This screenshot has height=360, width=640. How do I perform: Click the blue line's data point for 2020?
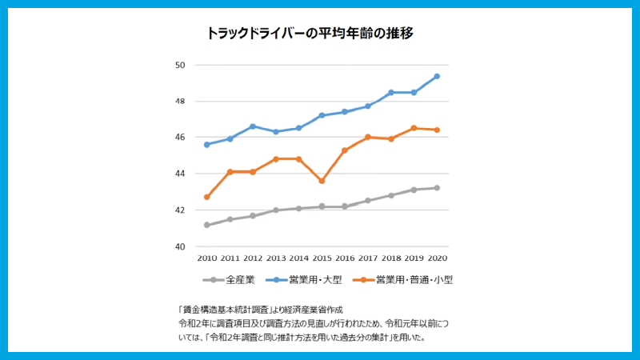tap(437, 76)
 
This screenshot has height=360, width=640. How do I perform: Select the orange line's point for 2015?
tap(322, 181)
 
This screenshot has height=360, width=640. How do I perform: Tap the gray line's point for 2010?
tap(206, 225)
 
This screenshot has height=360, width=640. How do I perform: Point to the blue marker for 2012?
tap(253, 126)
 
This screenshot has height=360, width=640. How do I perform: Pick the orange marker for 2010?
tap(206, 197)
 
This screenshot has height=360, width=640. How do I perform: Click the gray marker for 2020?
tap(437, 188)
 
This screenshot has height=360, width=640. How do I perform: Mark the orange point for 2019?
tap(414, 128)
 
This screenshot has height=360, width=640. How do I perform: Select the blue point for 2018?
tap(390, 92)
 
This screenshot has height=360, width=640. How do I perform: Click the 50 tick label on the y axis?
tap(180, 65)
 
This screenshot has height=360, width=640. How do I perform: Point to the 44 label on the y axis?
tap(180, 174)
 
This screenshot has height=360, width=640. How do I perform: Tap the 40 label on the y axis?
tap(180, 246)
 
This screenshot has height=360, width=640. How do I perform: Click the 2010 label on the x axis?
tap(206, 259)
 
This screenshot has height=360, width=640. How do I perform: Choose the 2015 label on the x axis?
tap(322, 259)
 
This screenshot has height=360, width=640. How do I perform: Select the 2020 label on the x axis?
tap(437, 259)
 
